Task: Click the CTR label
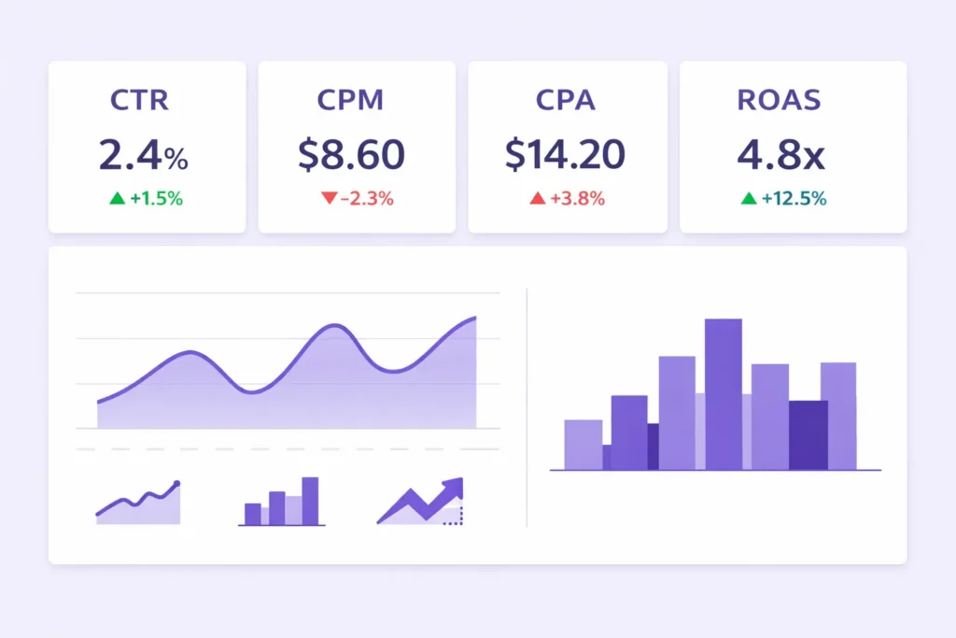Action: [x=139, y=100]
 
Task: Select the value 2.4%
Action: [x=143, y=155]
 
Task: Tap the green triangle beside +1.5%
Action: [x=117, y=198]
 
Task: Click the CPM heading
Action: [x=350, y=100]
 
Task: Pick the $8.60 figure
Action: [x=351, y=155]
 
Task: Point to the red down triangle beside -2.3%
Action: [x=328, y=198]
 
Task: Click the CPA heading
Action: [x=566, y=100]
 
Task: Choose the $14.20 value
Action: [x=565, y=155]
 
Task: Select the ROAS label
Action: [x=780, y=100]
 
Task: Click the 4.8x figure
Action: [x=780, y=155]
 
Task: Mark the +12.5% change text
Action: [x=793, y=198]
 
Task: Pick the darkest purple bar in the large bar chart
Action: [x=808, y=434]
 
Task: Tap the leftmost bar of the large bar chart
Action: [x=583, y=445]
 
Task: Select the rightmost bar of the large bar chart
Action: [x=838, y=416]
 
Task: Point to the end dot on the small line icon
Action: [x=176, y=484]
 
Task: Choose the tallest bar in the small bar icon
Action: [x=310, y=500]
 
